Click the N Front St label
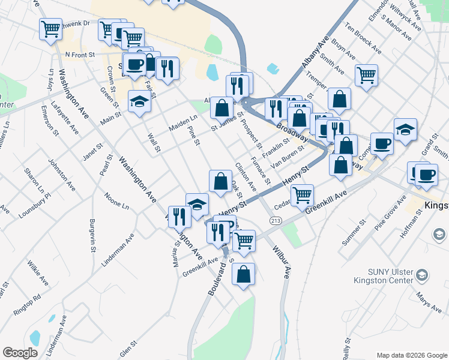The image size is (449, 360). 80,55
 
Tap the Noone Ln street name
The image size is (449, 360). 116,200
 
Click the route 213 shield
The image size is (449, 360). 276,221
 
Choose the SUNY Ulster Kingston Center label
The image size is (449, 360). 384,275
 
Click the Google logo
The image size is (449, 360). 20,353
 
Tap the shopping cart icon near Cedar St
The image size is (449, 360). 302,194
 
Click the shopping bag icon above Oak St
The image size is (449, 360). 220,179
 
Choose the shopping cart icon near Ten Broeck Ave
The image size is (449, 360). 366,75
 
